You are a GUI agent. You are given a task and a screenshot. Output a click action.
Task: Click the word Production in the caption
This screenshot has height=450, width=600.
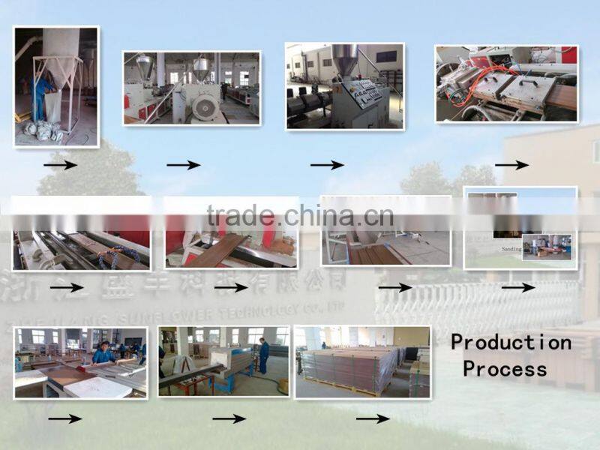click(x=511, y=343)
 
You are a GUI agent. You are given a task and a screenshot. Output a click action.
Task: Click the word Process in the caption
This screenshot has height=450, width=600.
click(x=505, y=369)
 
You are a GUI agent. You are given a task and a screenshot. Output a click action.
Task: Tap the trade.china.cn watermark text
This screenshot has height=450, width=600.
click(x=300, y=216)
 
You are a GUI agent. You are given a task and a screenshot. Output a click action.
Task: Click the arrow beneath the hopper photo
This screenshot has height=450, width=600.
click(x=60, y=165)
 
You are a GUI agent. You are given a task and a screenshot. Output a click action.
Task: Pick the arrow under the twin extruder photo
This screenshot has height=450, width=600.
click(x=183, y=165)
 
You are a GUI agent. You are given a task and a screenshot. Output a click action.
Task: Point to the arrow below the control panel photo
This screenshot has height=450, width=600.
click(x=327, y=165)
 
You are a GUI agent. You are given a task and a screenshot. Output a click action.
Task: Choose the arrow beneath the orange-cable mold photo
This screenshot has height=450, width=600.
click(x=511, y=165)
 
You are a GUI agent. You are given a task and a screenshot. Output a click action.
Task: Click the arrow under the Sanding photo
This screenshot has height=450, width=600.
click(x=517, y=287)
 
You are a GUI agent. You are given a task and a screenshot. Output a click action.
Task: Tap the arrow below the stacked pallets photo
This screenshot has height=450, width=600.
click(x=373, y=418)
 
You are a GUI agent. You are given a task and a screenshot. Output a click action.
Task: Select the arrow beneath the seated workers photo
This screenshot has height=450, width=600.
click(x=64, y=418)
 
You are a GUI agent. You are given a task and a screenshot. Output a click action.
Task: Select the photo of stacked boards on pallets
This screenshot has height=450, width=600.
click(x=362, y=361)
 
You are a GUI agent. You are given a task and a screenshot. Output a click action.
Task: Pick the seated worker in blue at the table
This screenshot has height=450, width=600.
click(x=103, y=352)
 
